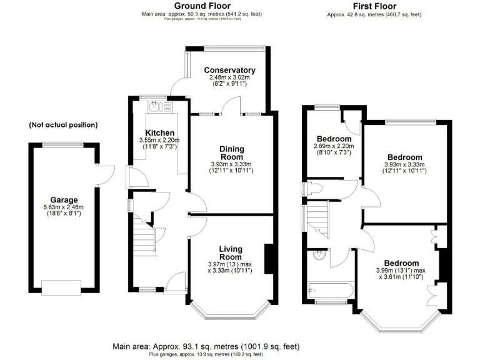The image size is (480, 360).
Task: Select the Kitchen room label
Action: click(159, 132)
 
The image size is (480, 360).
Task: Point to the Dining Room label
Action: click(231, 153)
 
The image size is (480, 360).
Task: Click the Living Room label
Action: click(230, 253)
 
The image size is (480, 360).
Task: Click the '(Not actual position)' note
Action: click(62, 125)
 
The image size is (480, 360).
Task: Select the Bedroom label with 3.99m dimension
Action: click(402, 263)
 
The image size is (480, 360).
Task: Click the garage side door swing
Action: click(106, 171)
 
